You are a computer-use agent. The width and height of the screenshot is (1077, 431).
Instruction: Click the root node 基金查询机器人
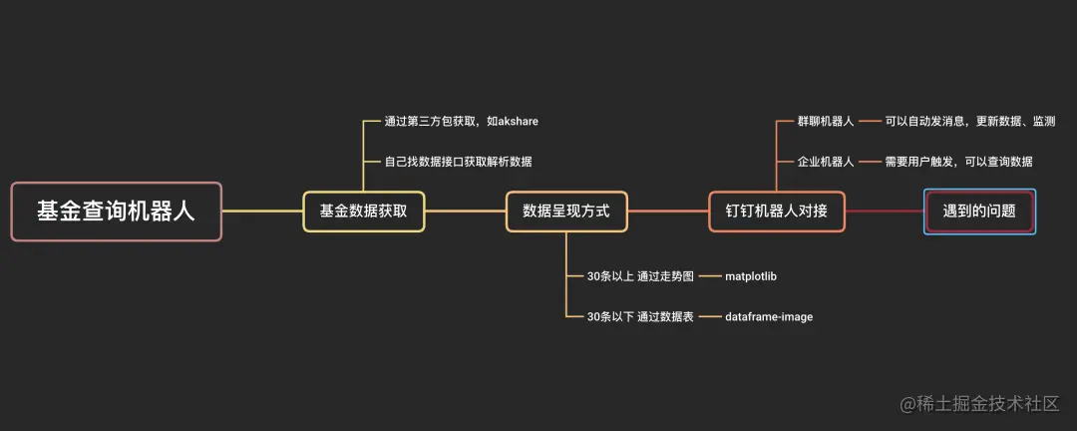point(116,212)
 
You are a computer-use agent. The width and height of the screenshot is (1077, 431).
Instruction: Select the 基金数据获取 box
point(364,212)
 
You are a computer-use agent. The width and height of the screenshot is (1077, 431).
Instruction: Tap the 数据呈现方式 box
point(566,212)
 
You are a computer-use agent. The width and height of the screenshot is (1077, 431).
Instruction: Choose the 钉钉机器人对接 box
point(777,212)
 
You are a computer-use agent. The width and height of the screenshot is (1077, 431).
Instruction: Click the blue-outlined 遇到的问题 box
point(979,212)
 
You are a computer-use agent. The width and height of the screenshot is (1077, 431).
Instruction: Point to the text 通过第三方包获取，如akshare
point(462,122)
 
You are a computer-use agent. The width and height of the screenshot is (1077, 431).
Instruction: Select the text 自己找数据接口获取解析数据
point(466,161)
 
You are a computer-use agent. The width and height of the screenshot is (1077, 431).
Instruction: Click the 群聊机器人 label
point(826,122)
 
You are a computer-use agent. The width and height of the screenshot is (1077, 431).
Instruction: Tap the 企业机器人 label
point(826,161)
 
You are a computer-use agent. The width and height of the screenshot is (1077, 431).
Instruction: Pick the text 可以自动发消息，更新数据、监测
point(970,122)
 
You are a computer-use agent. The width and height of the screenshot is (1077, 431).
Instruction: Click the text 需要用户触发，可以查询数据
point(958,161)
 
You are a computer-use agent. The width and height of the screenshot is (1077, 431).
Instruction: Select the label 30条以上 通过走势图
point(640,276)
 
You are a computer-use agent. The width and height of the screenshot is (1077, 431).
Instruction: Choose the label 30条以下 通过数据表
point(640,316)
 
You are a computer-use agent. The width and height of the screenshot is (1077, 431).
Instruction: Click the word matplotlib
point(758,276)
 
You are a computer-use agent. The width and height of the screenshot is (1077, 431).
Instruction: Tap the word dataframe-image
point(769,316)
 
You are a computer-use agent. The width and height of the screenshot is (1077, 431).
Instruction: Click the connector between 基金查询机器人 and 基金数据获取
point(262,212)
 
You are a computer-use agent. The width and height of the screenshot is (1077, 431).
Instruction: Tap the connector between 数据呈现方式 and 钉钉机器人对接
point(668,212)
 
